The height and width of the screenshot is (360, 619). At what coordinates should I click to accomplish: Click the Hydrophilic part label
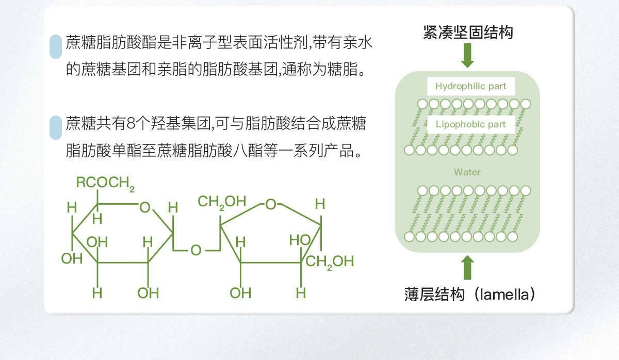(470, 86)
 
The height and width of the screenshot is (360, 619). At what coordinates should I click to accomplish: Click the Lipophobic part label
(470, 124)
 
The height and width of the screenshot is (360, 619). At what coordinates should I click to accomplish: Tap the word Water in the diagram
(467, 172)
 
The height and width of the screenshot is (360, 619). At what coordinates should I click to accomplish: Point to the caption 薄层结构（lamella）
(470, 295)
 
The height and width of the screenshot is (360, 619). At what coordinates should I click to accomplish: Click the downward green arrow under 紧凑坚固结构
(467, 55)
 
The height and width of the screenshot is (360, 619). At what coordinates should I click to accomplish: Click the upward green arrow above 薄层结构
(467, 268)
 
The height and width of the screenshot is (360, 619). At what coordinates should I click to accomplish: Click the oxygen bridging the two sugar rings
(196, 251)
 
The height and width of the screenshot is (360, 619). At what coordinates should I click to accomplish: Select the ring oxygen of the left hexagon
(145, 208)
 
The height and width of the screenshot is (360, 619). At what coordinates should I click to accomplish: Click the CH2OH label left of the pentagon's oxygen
(222, 202)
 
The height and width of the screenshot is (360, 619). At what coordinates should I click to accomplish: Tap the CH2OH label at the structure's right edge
(330, 261)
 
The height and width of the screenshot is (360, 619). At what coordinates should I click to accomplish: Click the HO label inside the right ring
(299, 240)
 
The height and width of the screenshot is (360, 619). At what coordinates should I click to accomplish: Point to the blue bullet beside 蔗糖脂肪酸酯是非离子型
(55, 47)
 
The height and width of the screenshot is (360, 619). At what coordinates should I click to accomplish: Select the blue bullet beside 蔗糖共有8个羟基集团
(55, 128)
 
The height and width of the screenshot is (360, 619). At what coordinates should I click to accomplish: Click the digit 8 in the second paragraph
(130, 124)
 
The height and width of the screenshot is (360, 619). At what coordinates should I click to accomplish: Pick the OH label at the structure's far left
(72, 258)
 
